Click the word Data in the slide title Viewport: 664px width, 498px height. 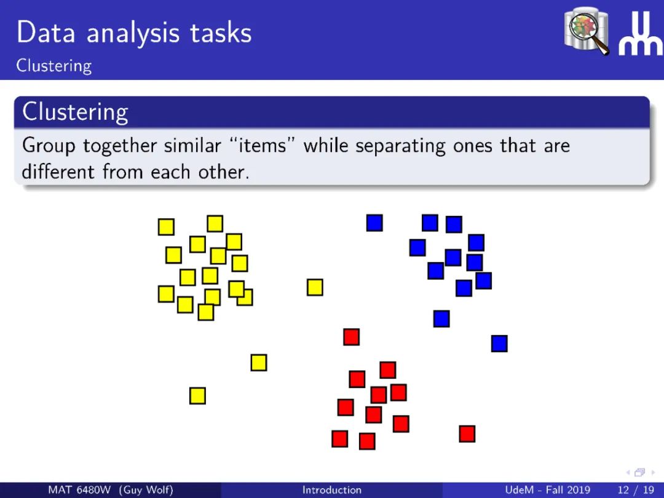click(x=46, y=33)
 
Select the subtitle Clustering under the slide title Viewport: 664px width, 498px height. click(x=53, y=66)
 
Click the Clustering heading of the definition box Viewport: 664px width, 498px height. click(x=75, y=113)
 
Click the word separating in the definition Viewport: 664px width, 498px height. click(x=400, y=146)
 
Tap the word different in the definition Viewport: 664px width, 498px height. click(x=58, y=172)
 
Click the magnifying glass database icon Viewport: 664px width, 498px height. click(x=587, y=31)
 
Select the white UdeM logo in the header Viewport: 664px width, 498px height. click(x=640, y=33)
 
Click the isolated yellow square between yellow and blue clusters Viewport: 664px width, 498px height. click(x=315, y=287)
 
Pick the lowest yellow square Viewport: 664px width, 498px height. click(x=197, y=396)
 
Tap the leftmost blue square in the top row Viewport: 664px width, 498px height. click(x=374, y=223)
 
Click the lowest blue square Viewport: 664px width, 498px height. click(x=499, y=344)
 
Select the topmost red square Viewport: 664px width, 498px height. click(x=352, y=337)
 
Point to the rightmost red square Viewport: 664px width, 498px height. click(x=467, y=434)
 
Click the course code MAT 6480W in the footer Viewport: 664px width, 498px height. click(x=79, y=490)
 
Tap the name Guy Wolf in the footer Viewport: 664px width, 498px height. click(x=146, y=491)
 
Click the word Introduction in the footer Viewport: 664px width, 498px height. click(x=332, y=490)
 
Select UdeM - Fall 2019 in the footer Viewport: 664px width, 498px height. click(x=548, y=490)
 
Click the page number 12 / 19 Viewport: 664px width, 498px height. click(x=636, y=491)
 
